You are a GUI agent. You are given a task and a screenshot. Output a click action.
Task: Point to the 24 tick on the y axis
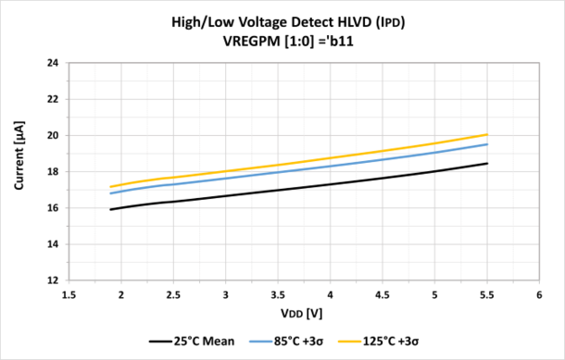coord(53,63)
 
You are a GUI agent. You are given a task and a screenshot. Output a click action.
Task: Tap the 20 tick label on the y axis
coord(53,135)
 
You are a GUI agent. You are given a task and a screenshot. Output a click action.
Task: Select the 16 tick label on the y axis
coord(53,208)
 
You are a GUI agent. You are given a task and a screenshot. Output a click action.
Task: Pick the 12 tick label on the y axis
coord(53,280)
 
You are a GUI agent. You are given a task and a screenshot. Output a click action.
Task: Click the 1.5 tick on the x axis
coord(69,294)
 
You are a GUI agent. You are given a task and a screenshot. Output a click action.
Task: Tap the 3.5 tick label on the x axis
coord(278,294)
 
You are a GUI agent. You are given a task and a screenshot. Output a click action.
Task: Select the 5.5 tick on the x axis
coord(486,294)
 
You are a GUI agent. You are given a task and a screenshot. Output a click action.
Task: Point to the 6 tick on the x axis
coord(538,294)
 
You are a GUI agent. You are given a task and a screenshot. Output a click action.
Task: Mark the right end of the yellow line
coord(487,134)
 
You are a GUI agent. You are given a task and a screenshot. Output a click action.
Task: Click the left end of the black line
coord(111,209)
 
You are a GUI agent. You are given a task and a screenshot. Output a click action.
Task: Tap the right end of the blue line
coord(487,143)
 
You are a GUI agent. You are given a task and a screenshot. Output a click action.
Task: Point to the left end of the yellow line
coord(111,187)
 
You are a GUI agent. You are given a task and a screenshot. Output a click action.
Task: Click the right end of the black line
coord(487,163)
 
